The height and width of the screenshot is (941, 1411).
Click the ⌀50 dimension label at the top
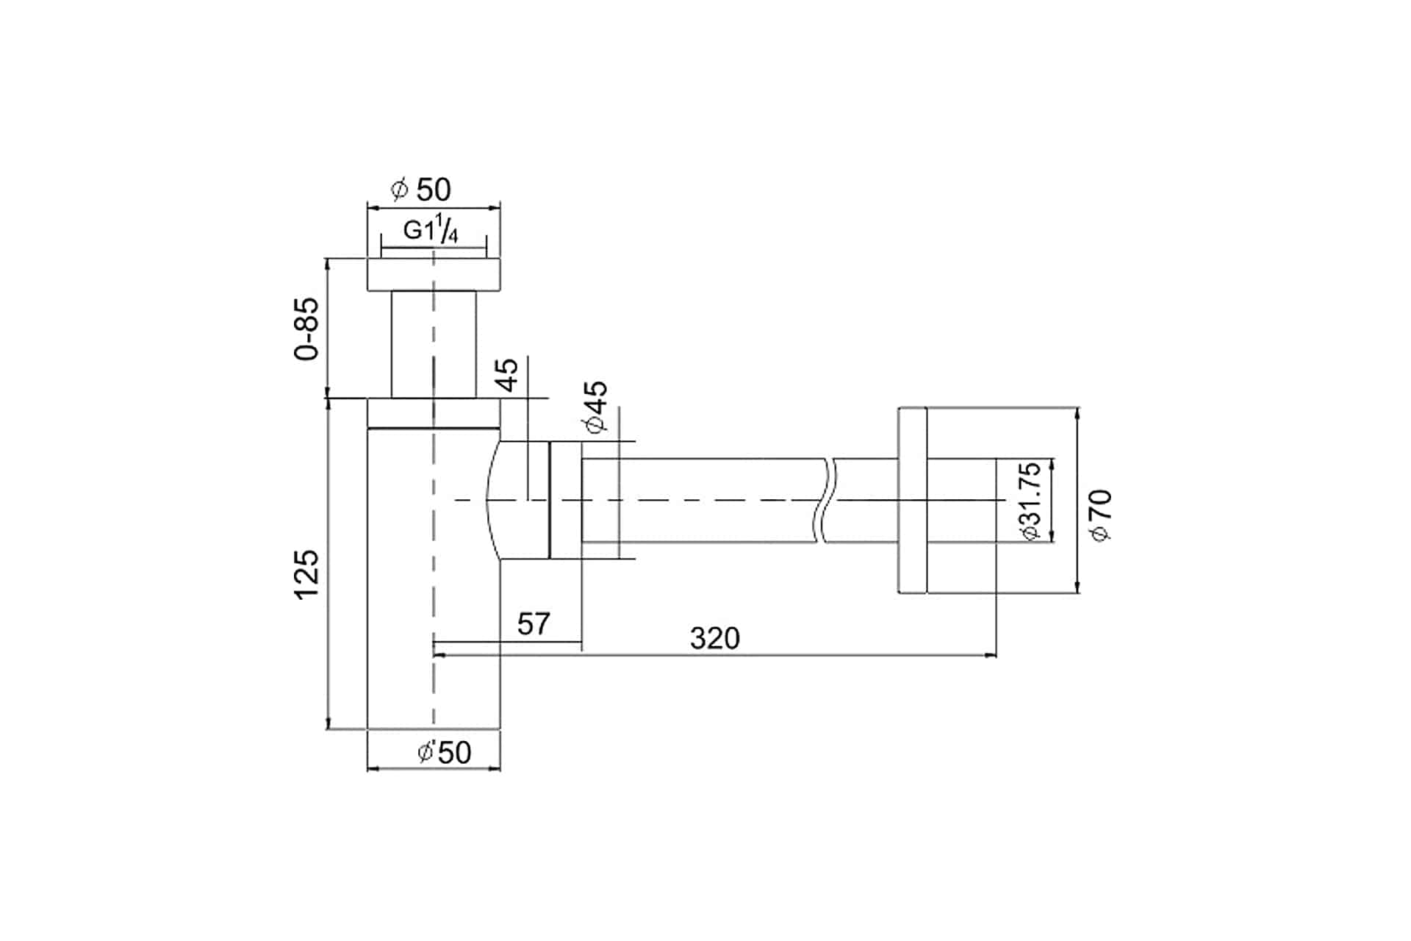(421, 190)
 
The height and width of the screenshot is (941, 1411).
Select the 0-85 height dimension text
(306, 329)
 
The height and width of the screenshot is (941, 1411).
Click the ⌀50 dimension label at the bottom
(444, 751)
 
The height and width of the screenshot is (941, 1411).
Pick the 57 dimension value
(534, 624)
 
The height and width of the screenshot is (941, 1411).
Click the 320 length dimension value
(715, 638)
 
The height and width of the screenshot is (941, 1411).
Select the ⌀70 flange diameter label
(1102, 515)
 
